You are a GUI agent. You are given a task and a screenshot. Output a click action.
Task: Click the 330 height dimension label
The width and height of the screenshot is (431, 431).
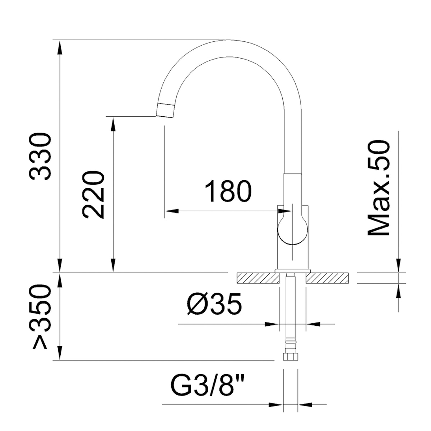[x=40, y=157]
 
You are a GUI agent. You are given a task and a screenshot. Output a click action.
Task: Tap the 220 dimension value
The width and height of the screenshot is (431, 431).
[x=93, y=195]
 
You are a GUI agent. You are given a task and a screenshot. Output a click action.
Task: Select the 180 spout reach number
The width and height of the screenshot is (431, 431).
[x=228, y=191]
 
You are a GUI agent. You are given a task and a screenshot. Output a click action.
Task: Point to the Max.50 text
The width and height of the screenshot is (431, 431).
[x=379, y=188]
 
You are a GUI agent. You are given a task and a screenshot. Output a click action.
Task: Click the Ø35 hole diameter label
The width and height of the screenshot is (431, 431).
[x=214, y=304]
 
